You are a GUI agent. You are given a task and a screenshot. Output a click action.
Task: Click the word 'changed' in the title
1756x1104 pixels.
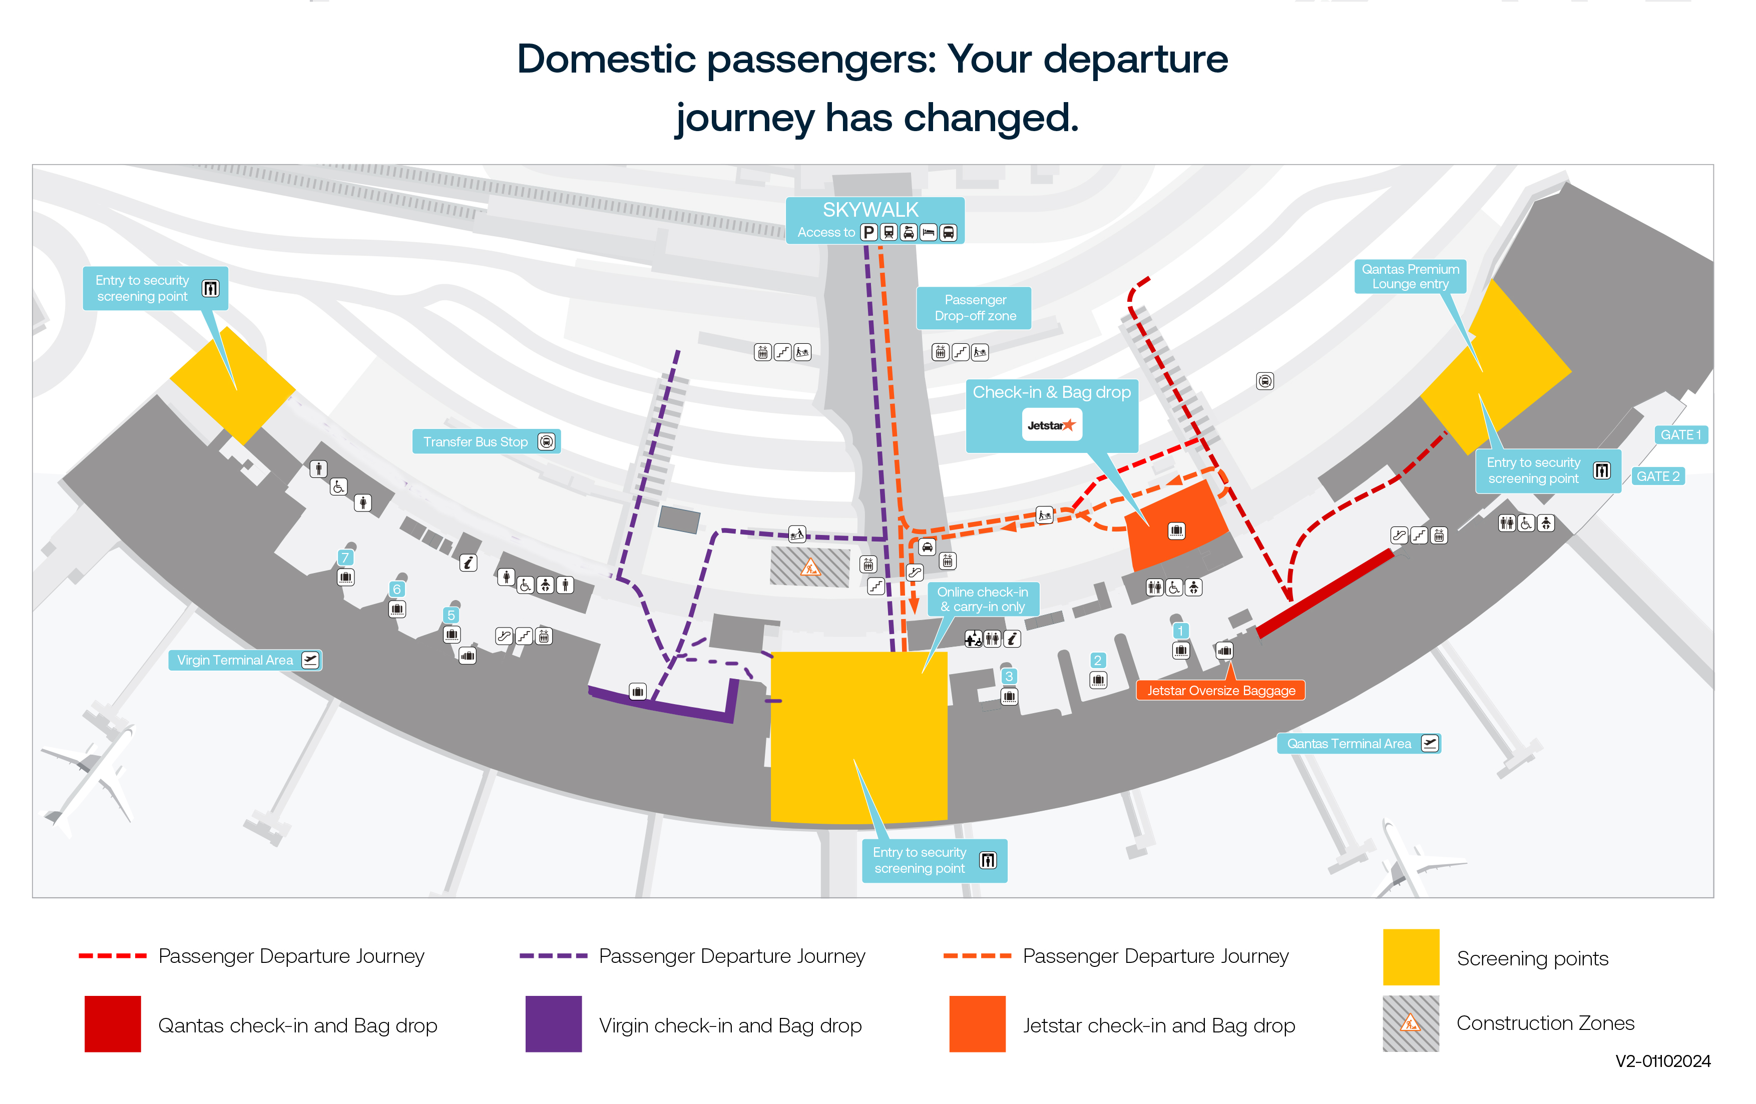[990, 118]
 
